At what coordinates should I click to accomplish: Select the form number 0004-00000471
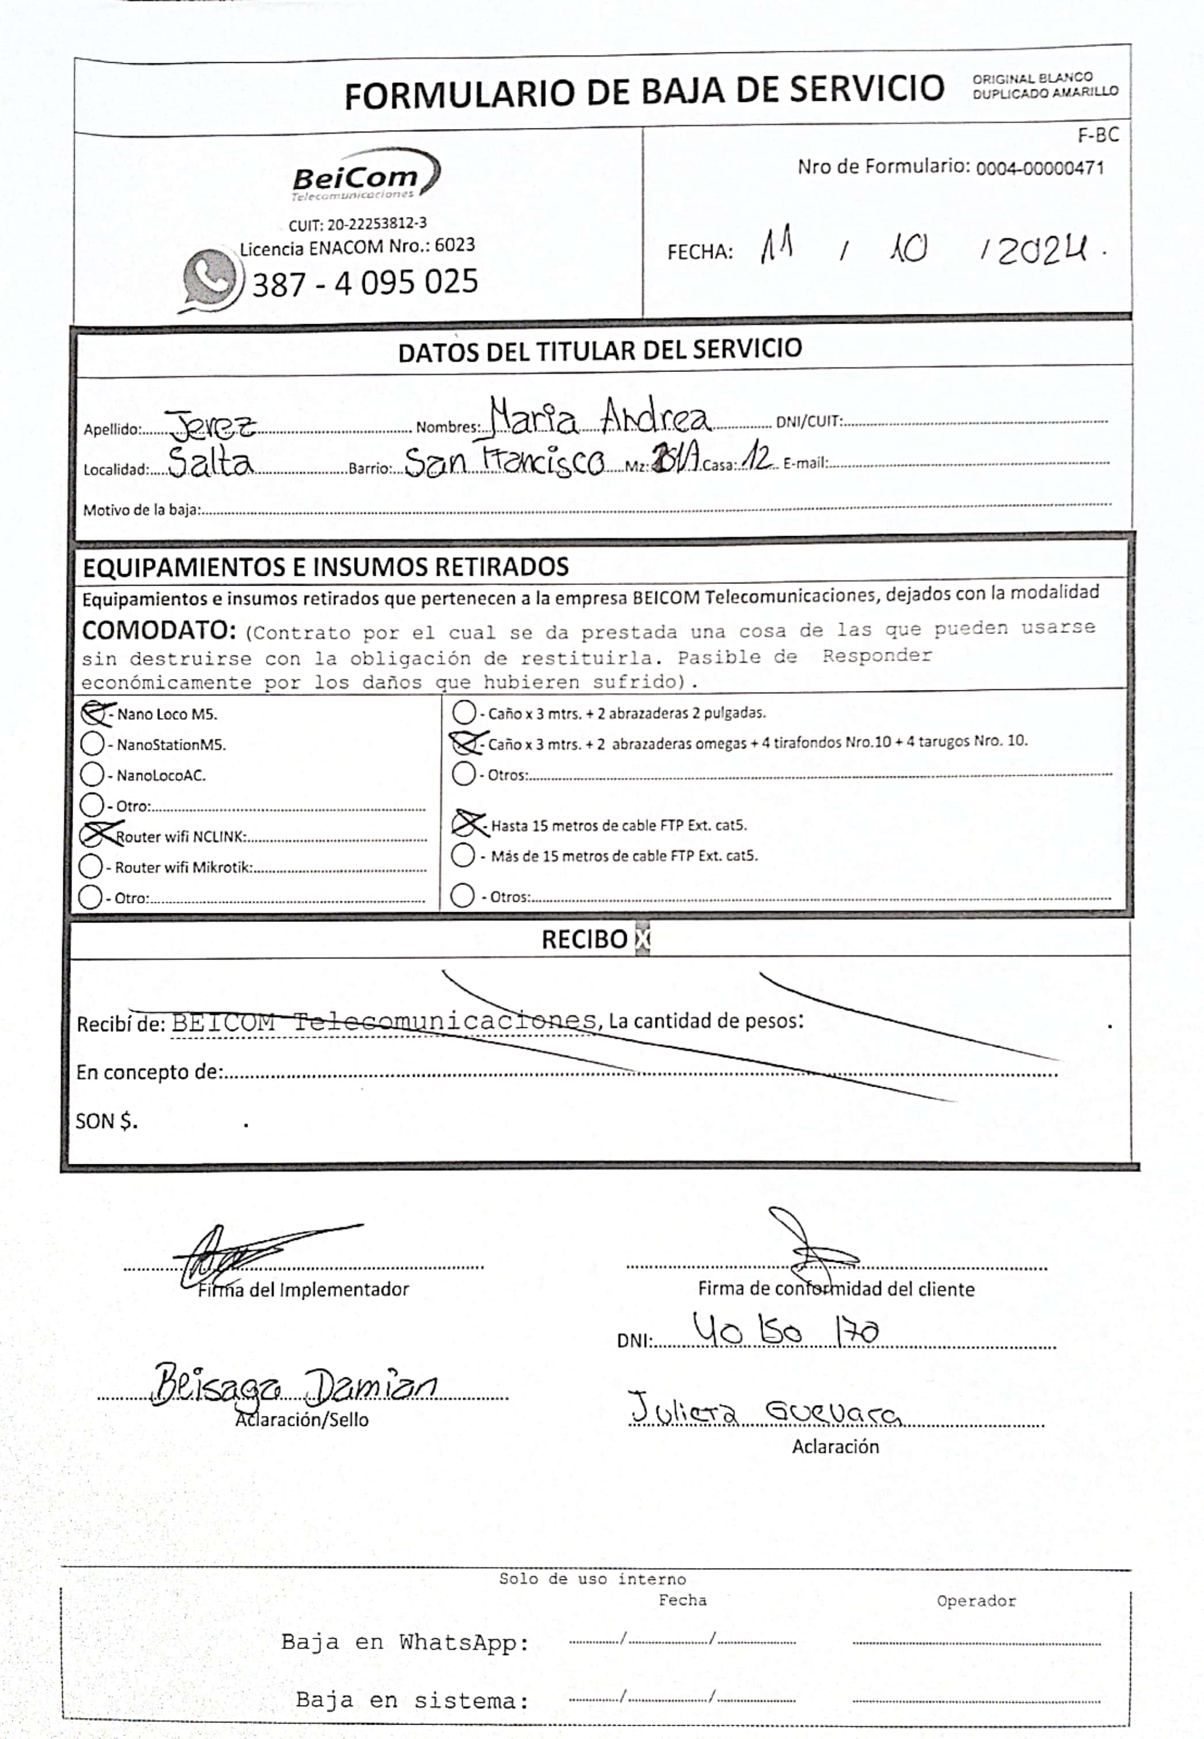coord(1039,168)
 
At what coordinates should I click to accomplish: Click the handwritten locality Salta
coord(209,462)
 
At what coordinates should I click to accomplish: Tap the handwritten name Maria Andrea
coord(600,417)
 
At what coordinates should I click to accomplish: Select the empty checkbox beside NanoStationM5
coord(92,743)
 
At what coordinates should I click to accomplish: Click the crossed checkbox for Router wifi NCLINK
coord(94,835)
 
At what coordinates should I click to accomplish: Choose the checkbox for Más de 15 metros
coord(463,855)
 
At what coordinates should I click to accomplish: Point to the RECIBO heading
coord(584,939)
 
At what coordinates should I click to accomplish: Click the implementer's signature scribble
coord(226,1255)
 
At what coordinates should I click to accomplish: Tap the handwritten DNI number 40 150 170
coord(784,1331)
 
